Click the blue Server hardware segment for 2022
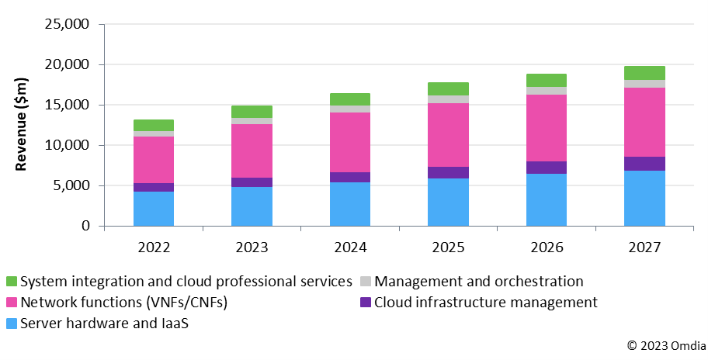tap(154, 208)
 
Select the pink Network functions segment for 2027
tap(644, 123)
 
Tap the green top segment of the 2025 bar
tap(448, 88)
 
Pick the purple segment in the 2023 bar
tap(252, 182)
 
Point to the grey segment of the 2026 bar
tap(547, 91)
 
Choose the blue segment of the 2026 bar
tap(547, 199)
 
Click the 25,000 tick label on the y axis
tap(65, 24)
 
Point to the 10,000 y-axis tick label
tap(65, 145)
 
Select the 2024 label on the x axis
tap(350, 247)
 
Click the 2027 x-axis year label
tap(644, 247)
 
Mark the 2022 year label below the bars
tap(154, 247)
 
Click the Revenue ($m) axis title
tap(23, 125)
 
